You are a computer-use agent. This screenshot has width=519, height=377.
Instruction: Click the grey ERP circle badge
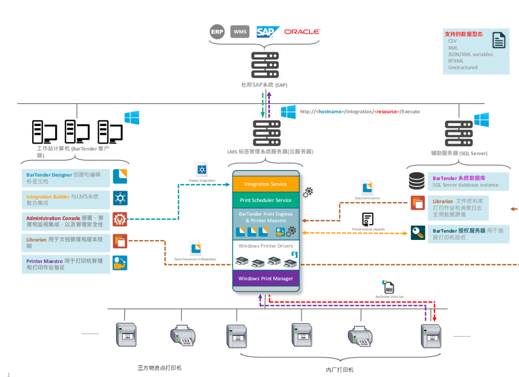[x=217, y=32]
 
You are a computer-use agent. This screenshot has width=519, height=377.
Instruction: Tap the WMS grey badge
[x=240, y=32]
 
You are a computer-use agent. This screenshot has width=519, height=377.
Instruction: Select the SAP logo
[x=267, y=32]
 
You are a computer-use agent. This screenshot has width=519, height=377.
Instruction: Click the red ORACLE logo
[x=302, y=32]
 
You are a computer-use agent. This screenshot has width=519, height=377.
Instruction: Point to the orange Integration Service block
[x=265, y=184]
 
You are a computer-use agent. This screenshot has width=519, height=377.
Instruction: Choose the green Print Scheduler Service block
[x=265, y=200]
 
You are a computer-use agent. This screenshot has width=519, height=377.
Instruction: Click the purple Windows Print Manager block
[x=265, y=278]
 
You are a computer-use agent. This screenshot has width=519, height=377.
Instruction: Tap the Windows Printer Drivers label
[x=265, y=246]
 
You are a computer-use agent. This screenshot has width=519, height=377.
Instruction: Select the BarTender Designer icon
[x=120, y=176]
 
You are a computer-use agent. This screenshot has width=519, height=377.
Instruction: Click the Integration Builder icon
[x=120, y=198]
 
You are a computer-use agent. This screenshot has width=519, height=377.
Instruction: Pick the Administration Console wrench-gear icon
[x=120, y=219]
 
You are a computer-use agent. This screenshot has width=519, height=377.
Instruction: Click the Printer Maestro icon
[x=120, y=263]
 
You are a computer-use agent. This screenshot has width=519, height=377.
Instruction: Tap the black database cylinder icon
[x=417, y=181]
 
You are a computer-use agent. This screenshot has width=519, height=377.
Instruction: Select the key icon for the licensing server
[x=418, y=233]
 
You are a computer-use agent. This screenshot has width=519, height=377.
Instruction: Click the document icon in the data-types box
[x=499, y=40]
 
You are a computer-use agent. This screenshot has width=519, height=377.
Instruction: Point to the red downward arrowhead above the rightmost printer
[x=434, y=319]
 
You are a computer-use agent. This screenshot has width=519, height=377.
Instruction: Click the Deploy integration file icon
[x=202, y=170]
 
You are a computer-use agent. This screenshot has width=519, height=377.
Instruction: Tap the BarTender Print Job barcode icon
[x=388, y=288]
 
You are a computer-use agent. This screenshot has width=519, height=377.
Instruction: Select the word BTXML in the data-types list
[x=456, y=61]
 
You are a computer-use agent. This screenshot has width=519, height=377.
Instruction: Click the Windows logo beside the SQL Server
[x=481, y=120]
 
